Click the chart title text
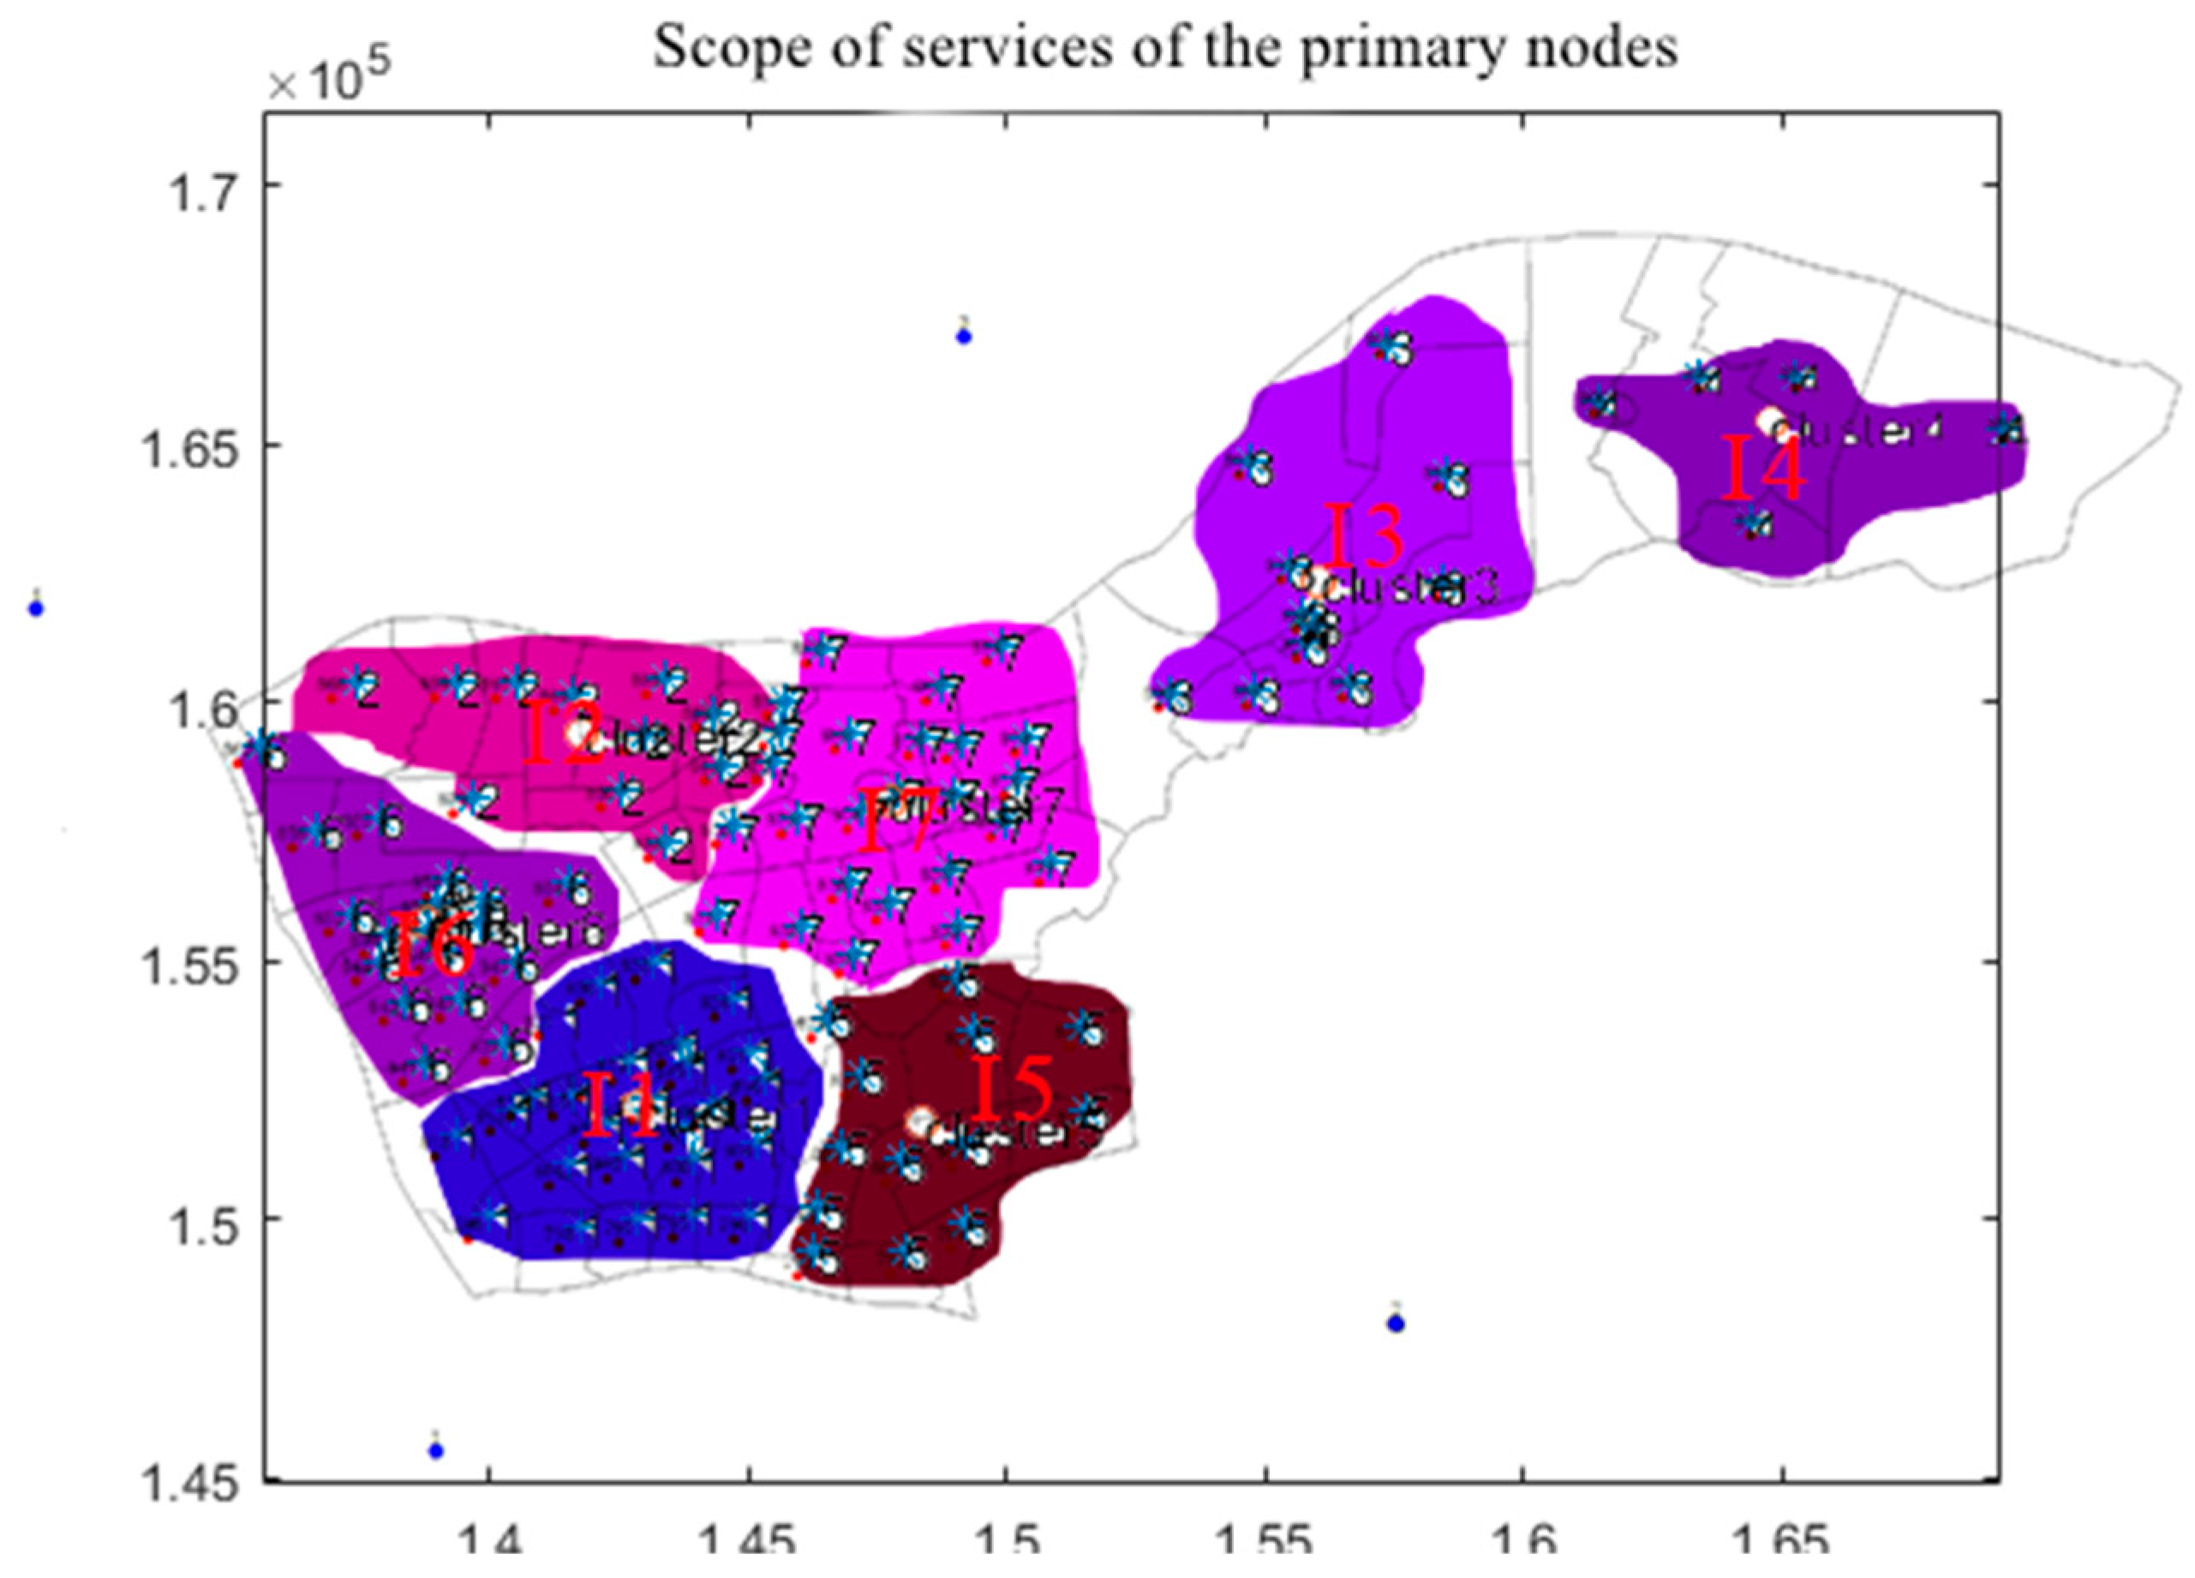click(1164, 46)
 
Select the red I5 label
click(1013, 1089)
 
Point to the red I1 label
click(619, 1107)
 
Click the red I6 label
click(433, 947)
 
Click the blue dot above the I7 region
click(963, 336)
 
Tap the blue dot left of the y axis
click(37, 608)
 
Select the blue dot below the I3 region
click(1395, 1324)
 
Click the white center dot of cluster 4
click(1770, 420)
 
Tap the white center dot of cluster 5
click(919, 1121)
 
